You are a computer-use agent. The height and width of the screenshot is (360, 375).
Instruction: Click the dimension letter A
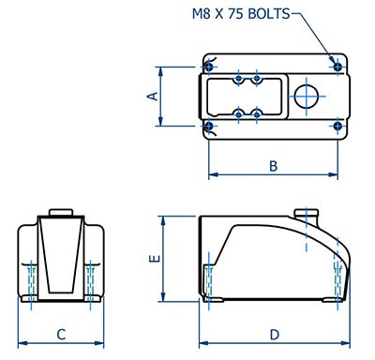pos(153,96)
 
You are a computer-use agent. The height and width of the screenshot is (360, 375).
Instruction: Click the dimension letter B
pos(274,166)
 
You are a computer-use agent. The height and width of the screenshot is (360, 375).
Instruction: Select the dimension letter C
pos(61,335)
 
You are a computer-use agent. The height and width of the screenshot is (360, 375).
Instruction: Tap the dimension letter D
pos(275,335)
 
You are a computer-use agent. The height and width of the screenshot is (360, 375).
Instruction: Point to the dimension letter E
pos(155,259)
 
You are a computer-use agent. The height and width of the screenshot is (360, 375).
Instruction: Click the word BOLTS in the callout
pos(269,14)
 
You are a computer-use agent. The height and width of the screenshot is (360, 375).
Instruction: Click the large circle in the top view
pos(307,97)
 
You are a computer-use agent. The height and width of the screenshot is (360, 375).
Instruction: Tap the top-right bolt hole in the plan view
pos(337,67)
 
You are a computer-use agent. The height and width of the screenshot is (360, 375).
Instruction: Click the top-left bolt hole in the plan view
pos(209,67)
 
